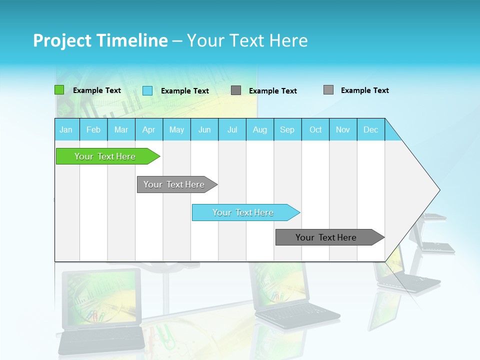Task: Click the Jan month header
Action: [x=66, y=129]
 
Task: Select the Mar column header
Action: [x=121, y=129]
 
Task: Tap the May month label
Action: [x=176, y=129]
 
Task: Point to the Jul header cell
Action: [x=232, y=129]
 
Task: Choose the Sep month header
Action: [x=287, y=129]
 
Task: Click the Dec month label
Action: [x=370, y=129]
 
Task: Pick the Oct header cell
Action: [x=315, y=129]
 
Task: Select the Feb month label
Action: [x=93, y=129]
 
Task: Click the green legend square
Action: [x=59, y=90]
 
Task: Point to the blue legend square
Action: [x=147, y=90]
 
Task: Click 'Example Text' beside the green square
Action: [x=97, y=90]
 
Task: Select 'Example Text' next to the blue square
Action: [x=185, y=91]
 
